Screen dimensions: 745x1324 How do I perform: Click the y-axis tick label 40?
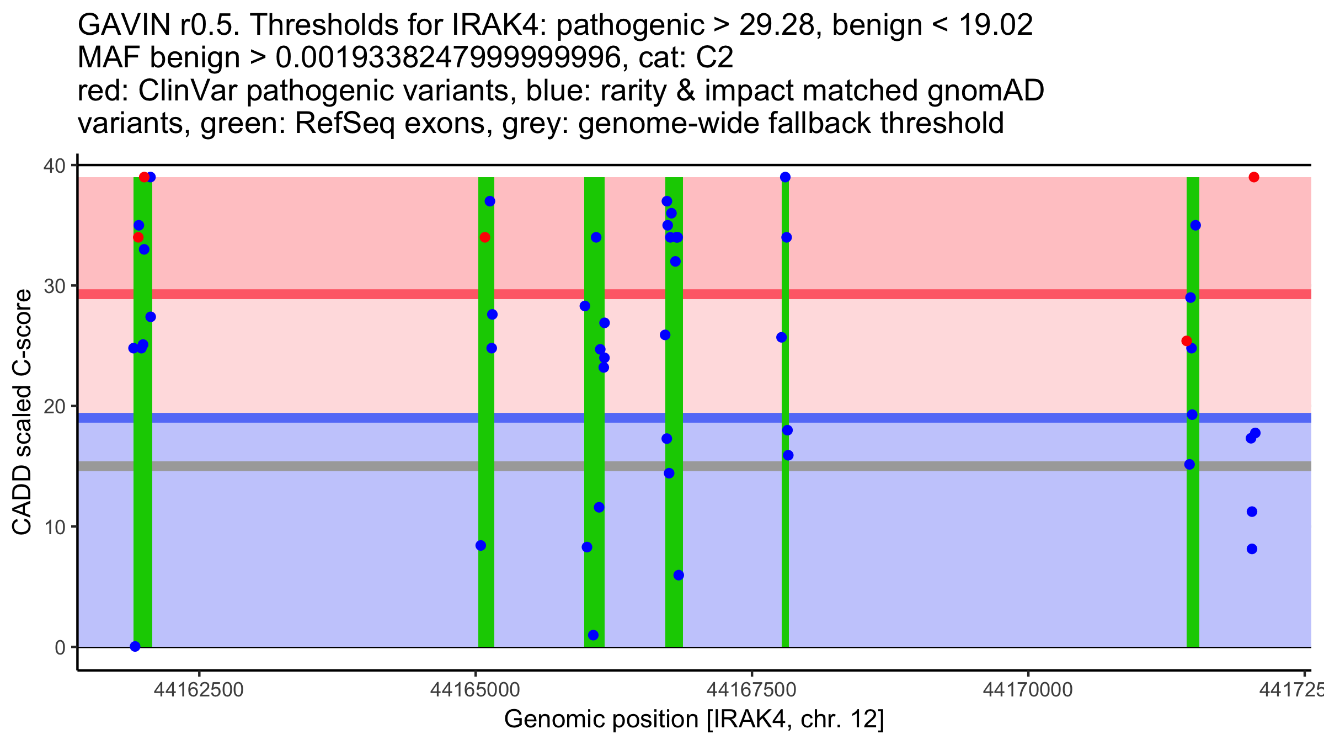click(54, 166)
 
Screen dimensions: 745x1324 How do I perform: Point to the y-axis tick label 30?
click(54, 286)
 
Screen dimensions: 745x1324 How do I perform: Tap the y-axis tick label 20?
click(54, 406)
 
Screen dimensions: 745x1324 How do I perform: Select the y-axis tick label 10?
click(54, 526)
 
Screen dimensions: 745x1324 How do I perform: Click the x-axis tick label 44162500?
click(199, 690)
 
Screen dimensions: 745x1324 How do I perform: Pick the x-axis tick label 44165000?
click(475, 690)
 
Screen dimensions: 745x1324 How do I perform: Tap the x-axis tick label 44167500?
click(751, 690)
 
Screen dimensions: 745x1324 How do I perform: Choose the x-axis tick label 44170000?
click(1028, 690)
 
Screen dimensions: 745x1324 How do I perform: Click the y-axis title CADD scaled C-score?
click(22, 413)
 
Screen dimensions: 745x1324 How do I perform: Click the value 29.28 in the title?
click(776, 25)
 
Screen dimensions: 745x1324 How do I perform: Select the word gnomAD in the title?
click(985, 91)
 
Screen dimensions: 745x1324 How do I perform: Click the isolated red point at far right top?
click(1254, 177)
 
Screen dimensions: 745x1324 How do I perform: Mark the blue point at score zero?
click(135, 646)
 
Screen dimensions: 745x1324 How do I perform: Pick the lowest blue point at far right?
click(1252, 549)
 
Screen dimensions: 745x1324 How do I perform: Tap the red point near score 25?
click(1186, 341)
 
